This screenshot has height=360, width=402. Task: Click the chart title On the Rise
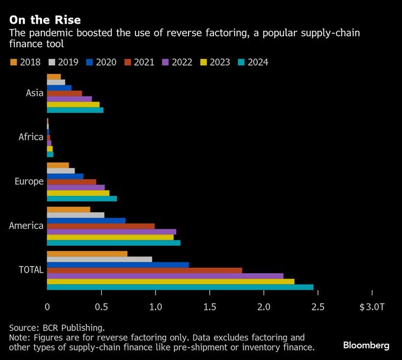45,20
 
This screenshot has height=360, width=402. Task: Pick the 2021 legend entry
139,61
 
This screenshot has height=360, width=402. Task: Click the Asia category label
34,93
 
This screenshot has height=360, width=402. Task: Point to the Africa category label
31,137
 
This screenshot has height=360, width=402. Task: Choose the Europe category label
29,181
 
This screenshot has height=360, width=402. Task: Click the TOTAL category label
31,270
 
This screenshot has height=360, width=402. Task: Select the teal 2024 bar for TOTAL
180,287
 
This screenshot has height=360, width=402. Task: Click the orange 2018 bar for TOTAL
87,254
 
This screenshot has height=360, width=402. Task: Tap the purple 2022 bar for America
111,232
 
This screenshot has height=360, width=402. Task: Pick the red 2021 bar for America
100,226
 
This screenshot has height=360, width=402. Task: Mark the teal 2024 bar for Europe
82,199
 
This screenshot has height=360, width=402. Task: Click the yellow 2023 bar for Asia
73,104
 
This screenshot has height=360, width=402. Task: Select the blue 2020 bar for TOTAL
118,265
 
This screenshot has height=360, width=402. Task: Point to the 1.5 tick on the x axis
209,307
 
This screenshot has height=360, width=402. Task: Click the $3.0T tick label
371,307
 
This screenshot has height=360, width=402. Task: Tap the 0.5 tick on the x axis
101,307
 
